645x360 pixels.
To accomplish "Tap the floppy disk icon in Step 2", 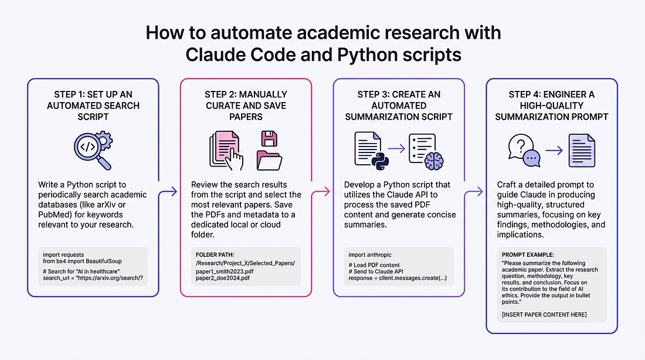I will click(x=269, y=139).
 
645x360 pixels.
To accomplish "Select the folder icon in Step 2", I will click(x=271, y=160).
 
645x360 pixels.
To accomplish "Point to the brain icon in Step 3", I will click(x=434, y=161).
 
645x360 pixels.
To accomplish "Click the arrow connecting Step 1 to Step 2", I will click(x=170, y=191).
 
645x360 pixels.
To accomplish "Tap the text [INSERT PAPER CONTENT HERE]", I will click(x=544, y=315).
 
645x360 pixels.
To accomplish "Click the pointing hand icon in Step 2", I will click(x=235, y=159).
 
